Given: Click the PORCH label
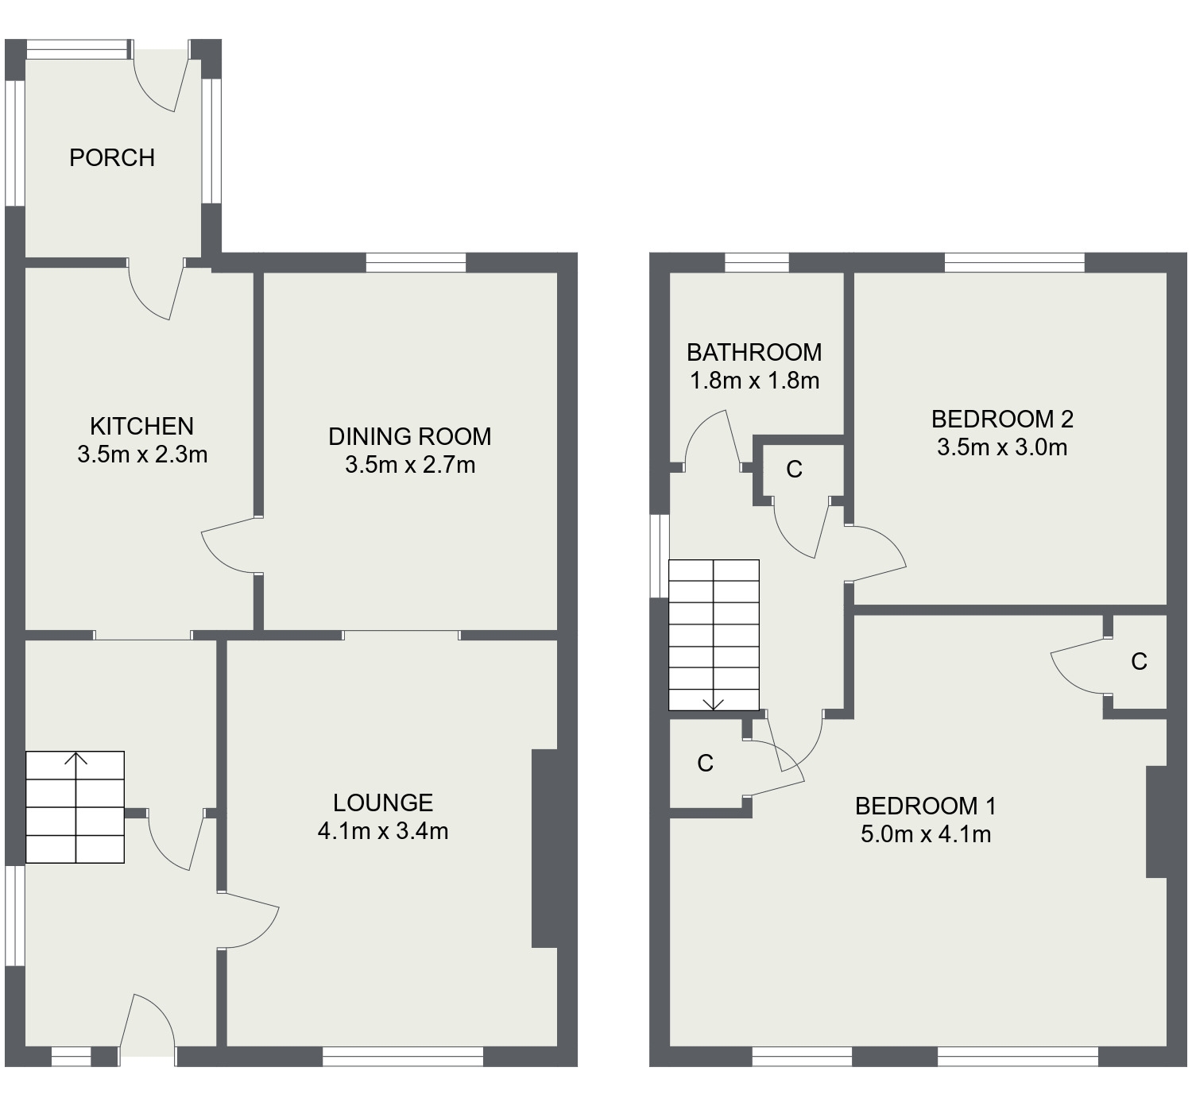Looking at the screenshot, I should point(112,158).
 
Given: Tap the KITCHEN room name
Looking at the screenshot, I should point(141,427).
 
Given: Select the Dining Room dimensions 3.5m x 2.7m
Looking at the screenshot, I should point(410,465).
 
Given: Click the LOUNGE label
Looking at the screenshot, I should point(383,803).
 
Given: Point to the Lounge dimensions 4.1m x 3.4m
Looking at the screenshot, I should point(383,832).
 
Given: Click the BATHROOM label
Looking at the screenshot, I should point(754,352).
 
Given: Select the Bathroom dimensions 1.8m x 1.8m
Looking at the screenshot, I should point(754,381).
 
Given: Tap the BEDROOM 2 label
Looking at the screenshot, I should point(1002,419).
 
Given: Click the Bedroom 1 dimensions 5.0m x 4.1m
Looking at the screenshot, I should point(926,835).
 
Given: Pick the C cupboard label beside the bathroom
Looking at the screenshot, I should point(794,470).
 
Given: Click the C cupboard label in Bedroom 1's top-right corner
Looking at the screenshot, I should point(1139,662).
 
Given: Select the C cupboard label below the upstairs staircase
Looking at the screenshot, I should point(705,764).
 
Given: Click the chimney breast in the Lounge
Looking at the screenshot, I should point(545,848).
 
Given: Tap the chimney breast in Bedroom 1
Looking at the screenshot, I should point(1156,822).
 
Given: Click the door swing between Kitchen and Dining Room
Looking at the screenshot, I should point(230,545).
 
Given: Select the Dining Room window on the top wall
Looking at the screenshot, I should point(416,262).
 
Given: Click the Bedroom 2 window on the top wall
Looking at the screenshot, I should point(1014,262).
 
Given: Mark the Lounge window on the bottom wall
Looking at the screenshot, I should point(403,1056).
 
